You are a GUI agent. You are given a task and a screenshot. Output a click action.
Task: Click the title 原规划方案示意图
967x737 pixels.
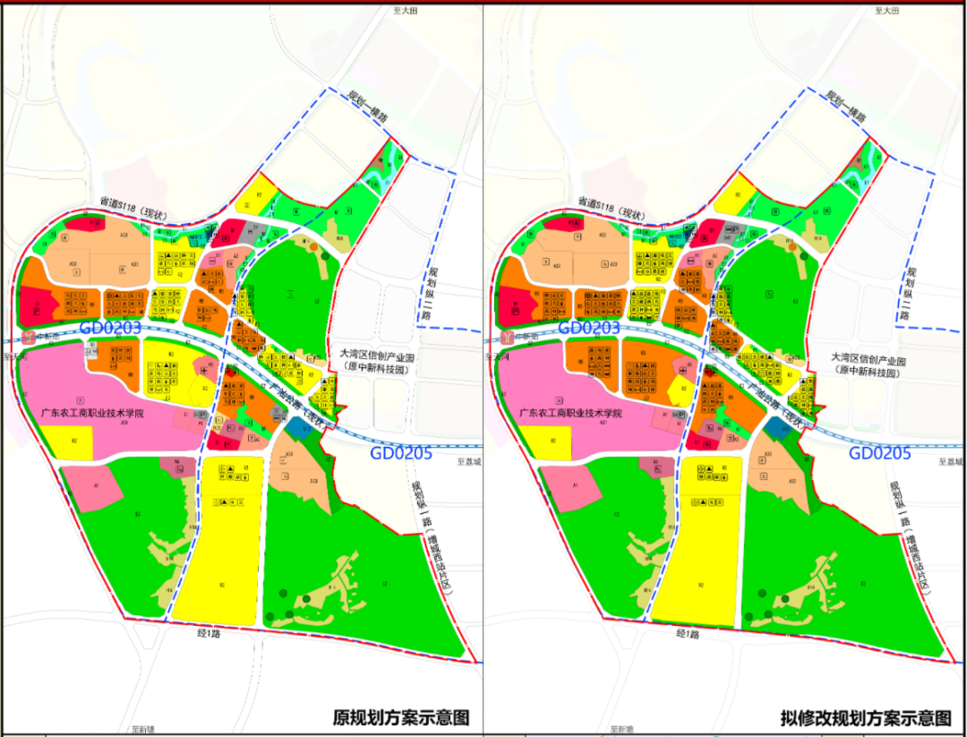tap(400, 717)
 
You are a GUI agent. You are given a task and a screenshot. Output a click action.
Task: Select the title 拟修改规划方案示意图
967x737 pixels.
tap(865, 717)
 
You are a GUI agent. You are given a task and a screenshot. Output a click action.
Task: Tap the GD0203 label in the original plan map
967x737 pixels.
tap(110, 328)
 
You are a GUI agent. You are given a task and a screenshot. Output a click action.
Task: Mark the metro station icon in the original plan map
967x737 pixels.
tap(28, 338)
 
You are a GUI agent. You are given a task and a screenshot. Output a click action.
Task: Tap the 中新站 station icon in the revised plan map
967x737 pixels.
tap(510, 338)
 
